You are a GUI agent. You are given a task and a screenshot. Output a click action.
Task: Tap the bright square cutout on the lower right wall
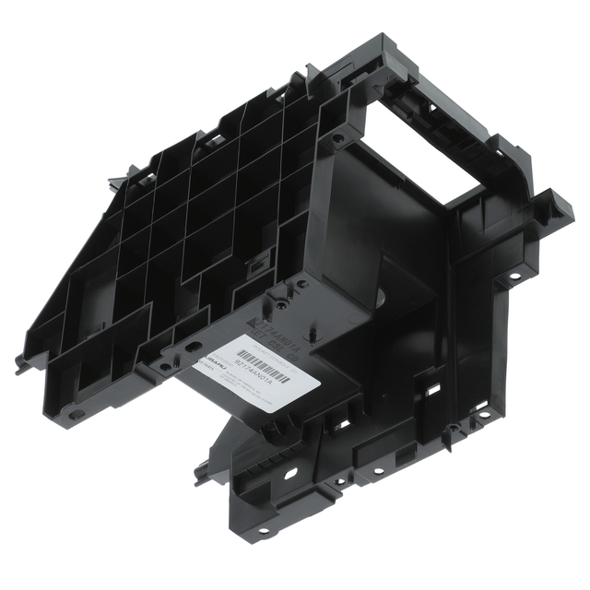[x=431, y=391]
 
